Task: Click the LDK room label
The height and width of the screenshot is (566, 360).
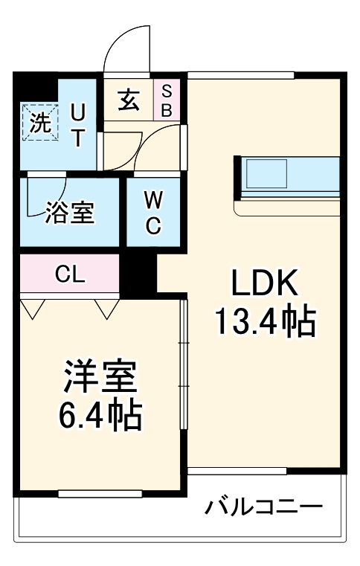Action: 265,284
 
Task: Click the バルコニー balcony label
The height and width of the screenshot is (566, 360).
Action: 264,508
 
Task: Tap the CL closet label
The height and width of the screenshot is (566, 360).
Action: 71,273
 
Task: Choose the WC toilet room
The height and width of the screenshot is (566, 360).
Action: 153,213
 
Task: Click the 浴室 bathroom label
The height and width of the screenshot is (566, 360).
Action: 70,213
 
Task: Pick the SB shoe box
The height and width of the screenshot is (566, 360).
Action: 167,99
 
